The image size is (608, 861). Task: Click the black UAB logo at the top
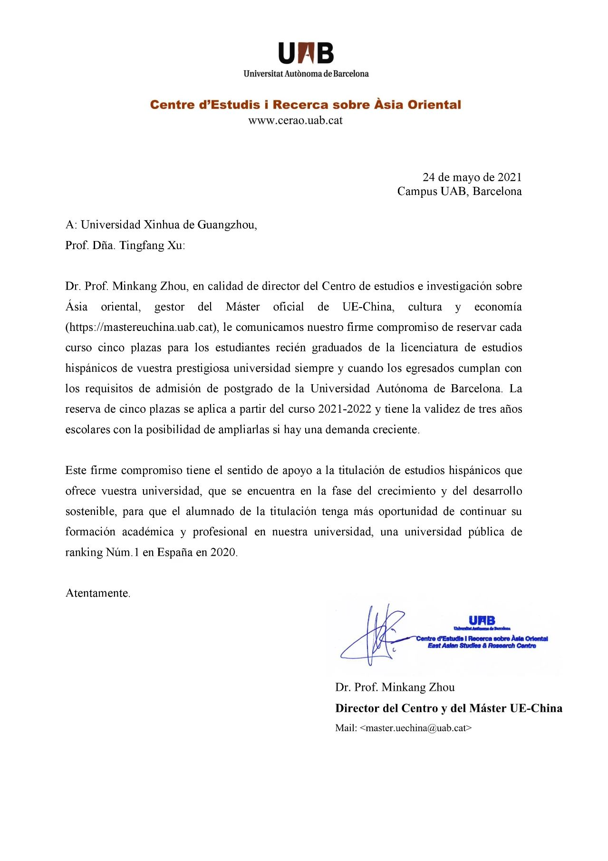pos(306,53)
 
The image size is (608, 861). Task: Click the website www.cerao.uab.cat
pos(295,120)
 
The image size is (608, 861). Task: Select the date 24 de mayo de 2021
pos(472,177)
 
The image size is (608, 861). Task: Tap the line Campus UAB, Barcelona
pos(459,191)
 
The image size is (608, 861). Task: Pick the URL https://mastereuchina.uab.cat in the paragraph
pos(141,327)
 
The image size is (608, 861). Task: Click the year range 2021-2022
pos(345,409)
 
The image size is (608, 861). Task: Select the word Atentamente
pos(97,593)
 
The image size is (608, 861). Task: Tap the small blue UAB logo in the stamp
pos(482,620)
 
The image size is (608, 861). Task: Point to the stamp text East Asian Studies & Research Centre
pos(482,646)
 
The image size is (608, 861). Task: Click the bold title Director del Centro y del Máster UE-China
pos(448,708)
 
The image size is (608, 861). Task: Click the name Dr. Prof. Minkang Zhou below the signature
pos(395,687)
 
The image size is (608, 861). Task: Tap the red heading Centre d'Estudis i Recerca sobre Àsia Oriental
pos(305,105)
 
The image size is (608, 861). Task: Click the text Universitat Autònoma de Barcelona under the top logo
pos(306,74)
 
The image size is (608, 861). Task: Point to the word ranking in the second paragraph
pos(84,552)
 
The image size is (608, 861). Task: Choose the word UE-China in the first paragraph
pos(368,307)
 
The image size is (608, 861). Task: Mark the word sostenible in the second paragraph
pos(90,512)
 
